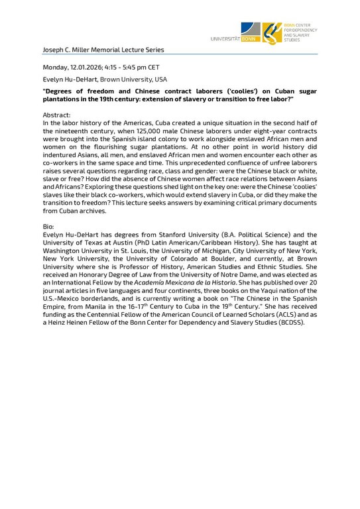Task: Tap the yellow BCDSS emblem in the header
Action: (270, 32)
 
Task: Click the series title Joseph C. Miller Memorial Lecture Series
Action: (103, 50)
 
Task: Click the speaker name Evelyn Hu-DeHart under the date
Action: (69, 79)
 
